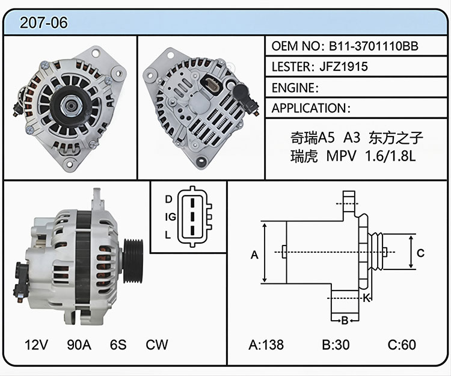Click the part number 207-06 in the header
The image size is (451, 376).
[44, 23]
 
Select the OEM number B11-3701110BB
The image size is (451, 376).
[373, 46]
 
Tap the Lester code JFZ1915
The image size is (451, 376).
[343, 67]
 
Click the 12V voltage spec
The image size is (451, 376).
[36, 344]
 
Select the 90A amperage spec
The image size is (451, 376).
[79, 344]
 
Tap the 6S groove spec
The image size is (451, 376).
[118, 344]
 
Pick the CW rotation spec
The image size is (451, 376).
[157, 344]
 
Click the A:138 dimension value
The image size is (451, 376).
[266, 344]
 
